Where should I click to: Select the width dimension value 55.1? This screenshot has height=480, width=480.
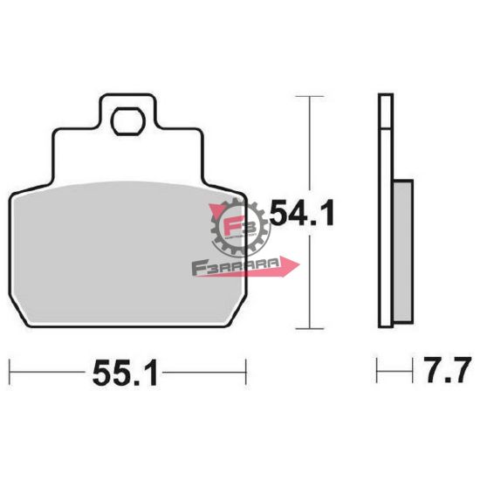click(123, 374)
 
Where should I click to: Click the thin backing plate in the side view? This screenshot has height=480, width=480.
click(384, 209)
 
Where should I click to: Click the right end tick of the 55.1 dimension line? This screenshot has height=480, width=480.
click(246, 370)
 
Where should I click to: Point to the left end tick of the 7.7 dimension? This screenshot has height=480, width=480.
click(378, 370)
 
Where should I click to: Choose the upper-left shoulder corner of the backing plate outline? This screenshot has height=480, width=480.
click(58, 129)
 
